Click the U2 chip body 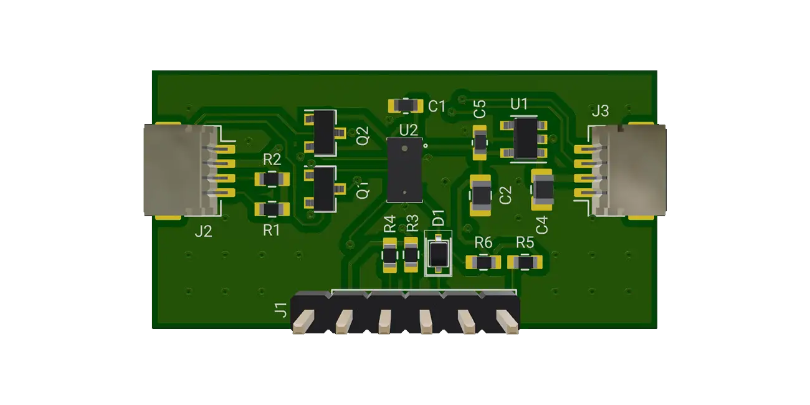404,170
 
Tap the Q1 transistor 323,189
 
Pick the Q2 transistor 323,132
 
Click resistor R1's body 272,210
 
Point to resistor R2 272,179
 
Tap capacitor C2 481,194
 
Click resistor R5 525,263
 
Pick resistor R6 484,263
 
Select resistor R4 389,255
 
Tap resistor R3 411,255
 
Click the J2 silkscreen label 203,232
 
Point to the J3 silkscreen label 600,112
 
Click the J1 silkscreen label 282,309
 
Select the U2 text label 409,130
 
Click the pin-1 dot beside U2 426,146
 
